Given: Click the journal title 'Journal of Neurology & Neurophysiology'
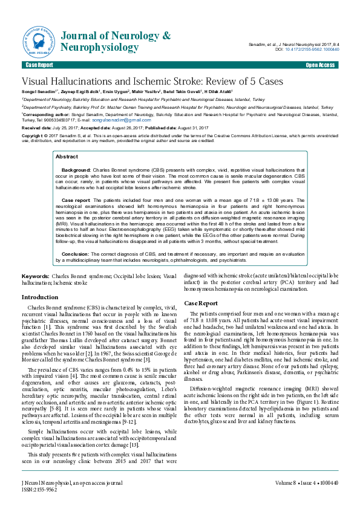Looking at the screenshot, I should [116, 40].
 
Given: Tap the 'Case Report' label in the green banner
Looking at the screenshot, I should [39, 64].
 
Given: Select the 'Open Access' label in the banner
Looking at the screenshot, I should [321, 64].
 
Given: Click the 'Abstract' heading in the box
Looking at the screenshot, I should [67, 157].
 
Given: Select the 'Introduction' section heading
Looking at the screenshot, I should [40, 297].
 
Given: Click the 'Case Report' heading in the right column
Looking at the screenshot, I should [201, 302].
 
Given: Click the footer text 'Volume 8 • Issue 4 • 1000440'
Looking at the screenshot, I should [307, 483].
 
